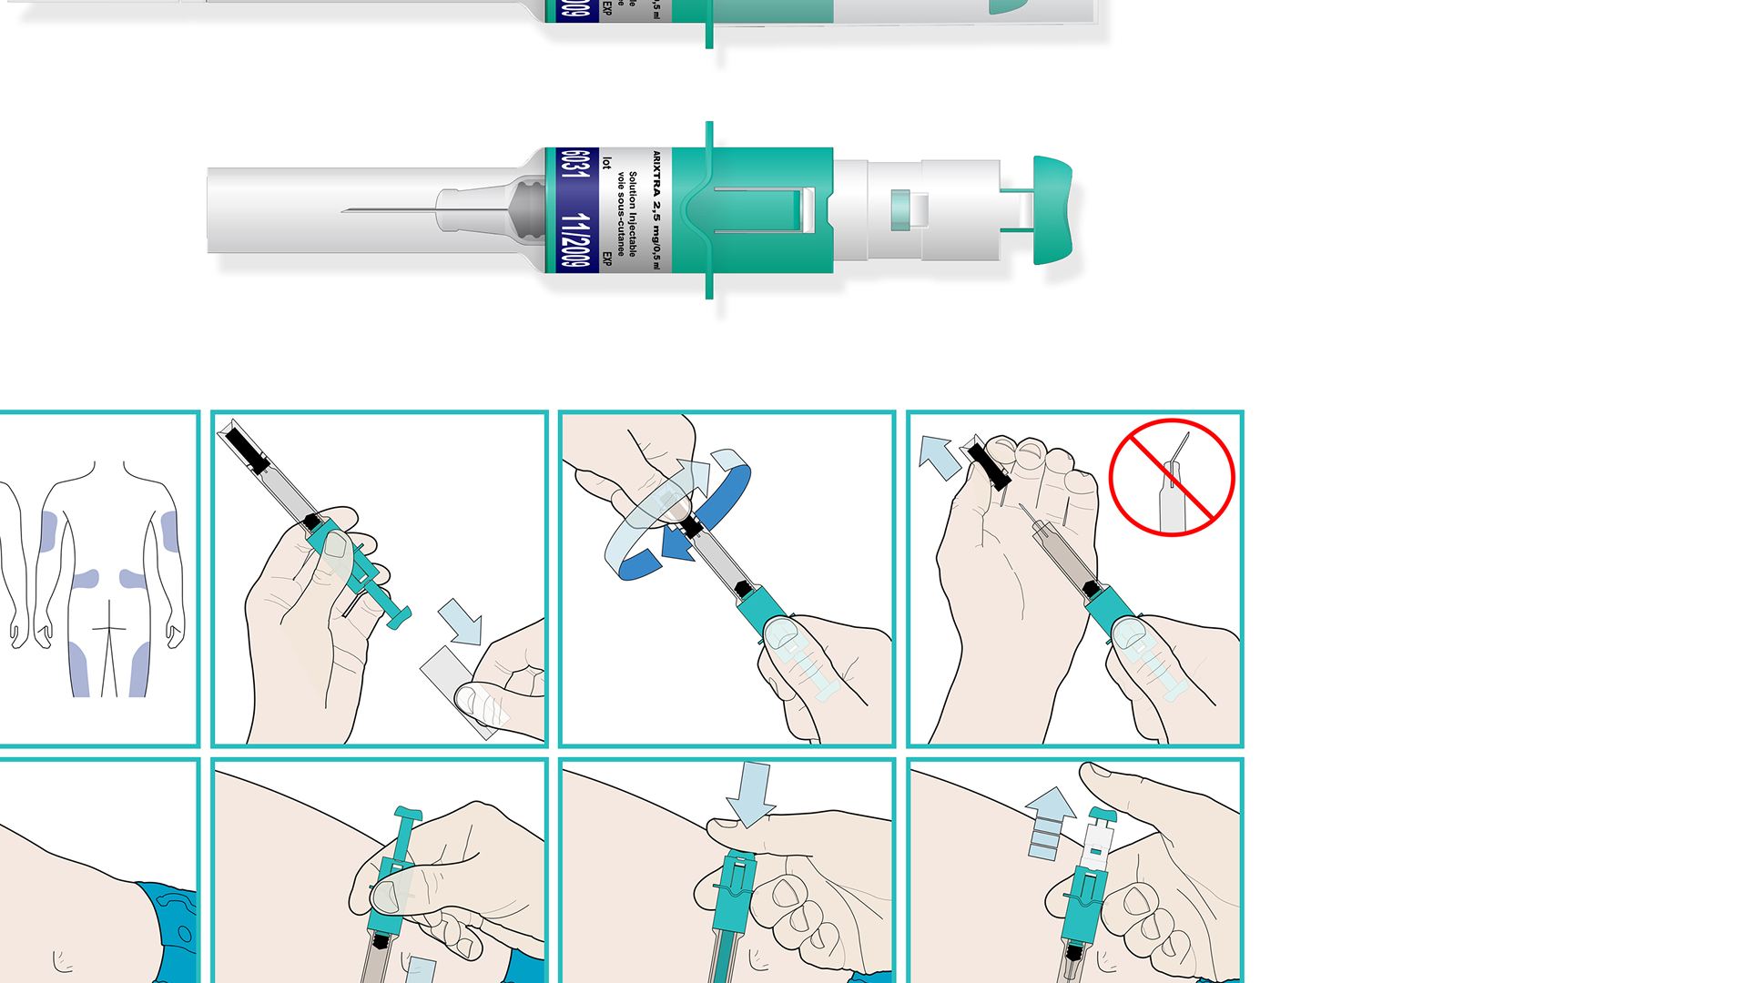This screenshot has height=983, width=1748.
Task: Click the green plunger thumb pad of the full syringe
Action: coord(1053,210)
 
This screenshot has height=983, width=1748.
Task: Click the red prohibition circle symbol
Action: coord(1172,477)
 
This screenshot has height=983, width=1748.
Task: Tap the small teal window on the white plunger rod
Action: coord(900,209)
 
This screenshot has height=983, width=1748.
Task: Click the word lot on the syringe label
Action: coord(607,164)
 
